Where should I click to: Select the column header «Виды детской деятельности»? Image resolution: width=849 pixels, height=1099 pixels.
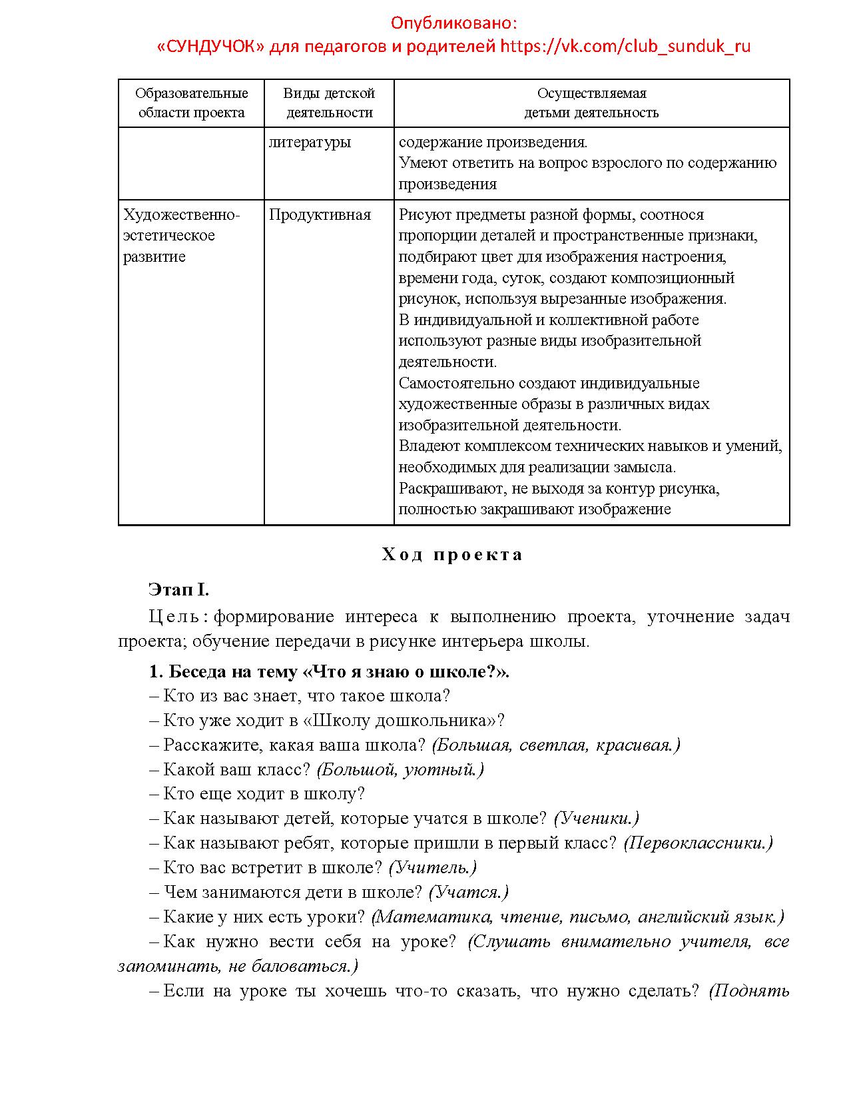[329, 103]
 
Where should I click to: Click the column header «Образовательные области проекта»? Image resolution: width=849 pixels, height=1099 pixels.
[192, 103]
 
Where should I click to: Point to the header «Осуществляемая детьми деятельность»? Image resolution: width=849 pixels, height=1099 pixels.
[591, 103]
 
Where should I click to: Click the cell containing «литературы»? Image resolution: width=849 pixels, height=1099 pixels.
[310, 143]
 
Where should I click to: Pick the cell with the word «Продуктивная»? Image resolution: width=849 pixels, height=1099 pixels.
[320, 214]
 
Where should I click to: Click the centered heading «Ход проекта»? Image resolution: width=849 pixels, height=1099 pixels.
[453, 555]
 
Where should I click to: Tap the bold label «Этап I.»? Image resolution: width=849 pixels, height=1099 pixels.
[179, 589]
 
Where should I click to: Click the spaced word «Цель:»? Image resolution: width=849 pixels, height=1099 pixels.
[178, 617]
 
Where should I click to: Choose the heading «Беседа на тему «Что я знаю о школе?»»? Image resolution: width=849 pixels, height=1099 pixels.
[329, 671]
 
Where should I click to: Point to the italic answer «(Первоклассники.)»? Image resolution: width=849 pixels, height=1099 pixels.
[698, 843]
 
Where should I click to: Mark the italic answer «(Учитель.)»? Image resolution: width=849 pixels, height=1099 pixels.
[432, 868]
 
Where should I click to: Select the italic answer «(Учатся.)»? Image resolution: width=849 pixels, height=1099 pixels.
[468, 893]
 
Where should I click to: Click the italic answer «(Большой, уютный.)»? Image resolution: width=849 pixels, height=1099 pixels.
[400, 770]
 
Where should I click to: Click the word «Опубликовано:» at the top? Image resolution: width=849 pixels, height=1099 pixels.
[453, 23]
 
